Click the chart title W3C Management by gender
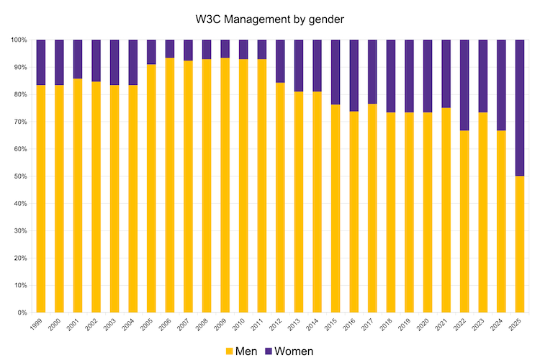(270, 19)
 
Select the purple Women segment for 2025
(520, 108)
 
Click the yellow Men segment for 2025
(520, 244)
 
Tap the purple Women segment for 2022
(464, 85)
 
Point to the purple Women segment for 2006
(170, 49)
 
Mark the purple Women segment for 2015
(336, 72)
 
